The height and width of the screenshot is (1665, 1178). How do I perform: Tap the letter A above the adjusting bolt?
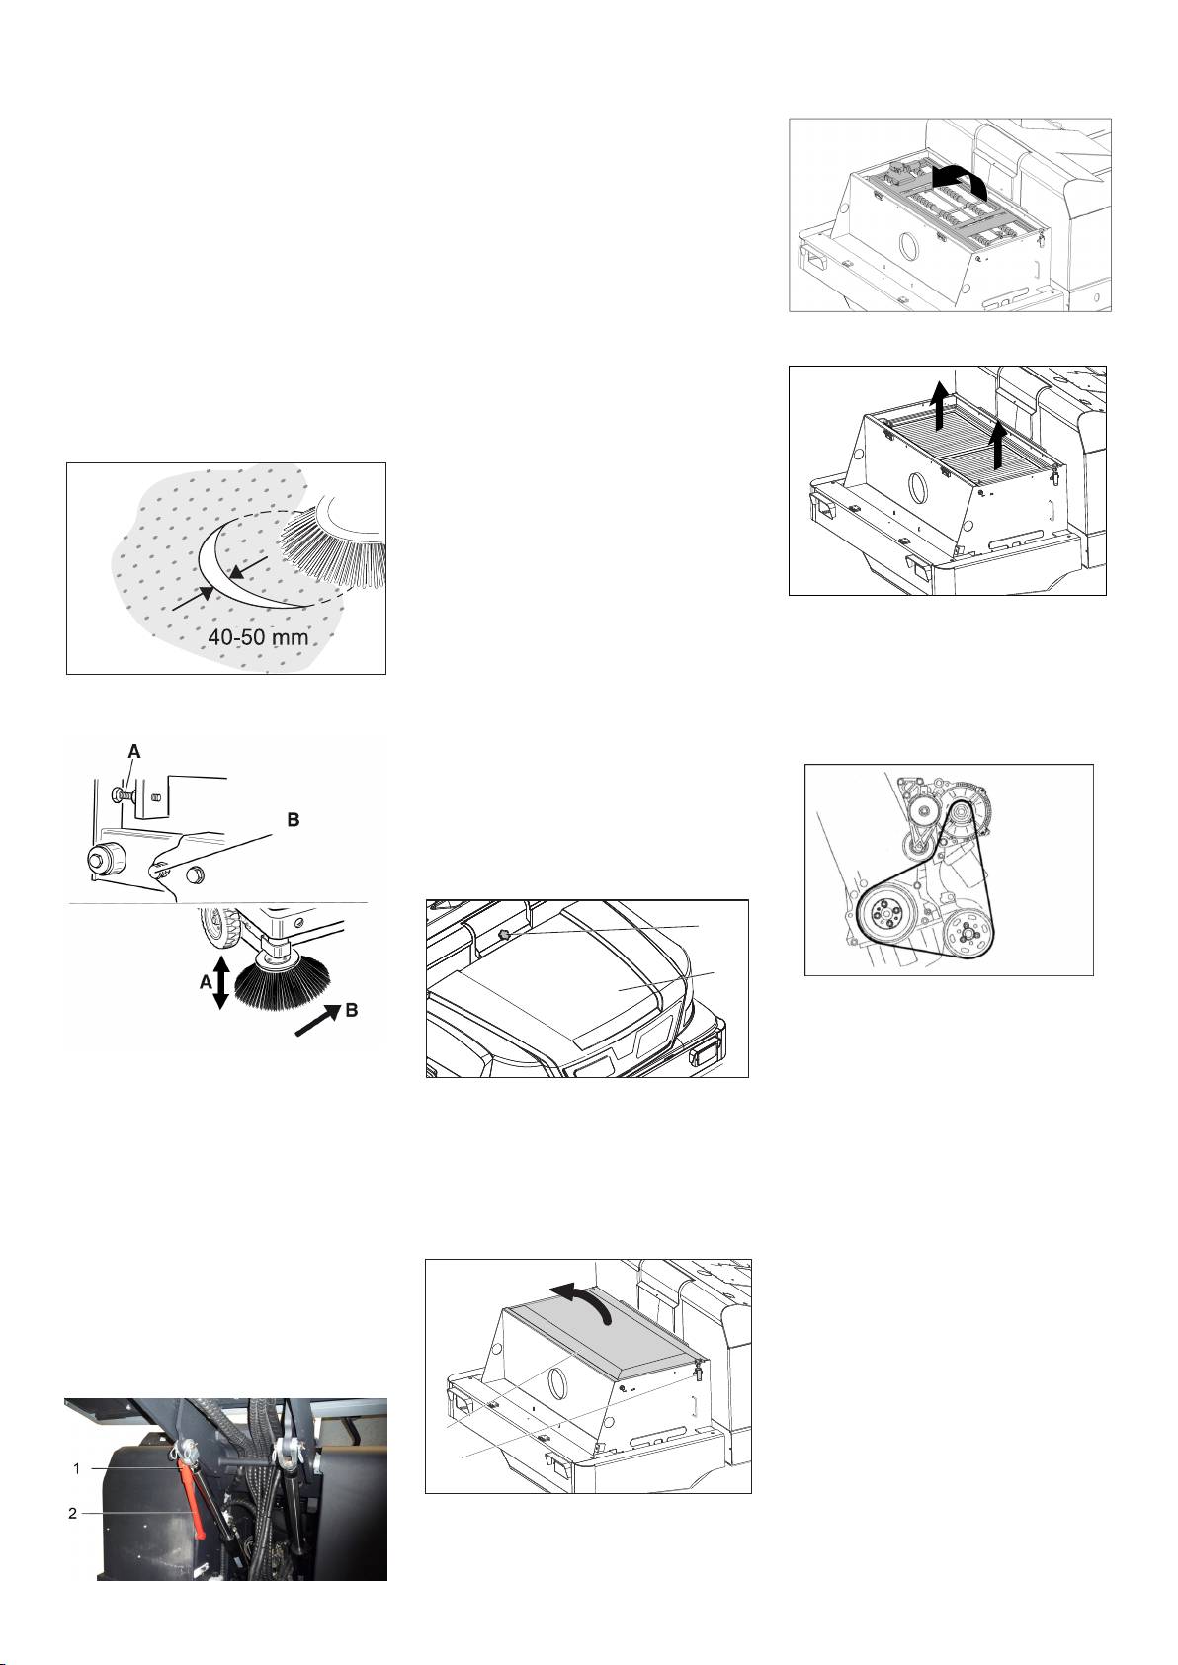click(134, 751)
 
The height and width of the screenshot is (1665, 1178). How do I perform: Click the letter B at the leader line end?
click(293, 819)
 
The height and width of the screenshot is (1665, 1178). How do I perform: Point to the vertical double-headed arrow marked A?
click(221, 980)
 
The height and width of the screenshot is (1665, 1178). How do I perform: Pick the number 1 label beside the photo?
click(76, 1469)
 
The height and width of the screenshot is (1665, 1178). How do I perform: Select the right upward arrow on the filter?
click(1000, 445)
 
